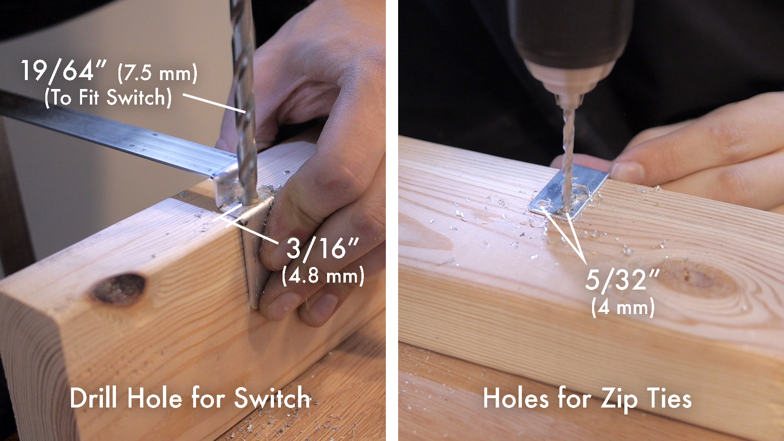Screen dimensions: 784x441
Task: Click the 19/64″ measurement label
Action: pyautogui.click(x=64, y=71)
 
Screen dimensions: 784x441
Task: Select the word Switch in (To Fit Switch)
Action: pyautogui.click(x=139, y=98)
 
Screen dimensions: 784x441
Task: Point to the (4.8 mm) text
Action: pyautogui.click(x=323, y=276)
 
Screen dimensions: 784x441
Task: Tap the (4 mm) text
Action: pyautogui.click(x=623, y=307)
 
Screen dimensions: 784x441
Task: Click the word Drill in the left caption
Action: pyautogui.click(x=93, y=398)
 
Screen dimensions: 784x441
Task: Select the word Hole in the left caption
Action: pyautogui.click(x=154, y=398)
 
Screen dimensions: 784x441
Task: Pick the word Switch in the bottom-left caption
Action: pyautogui.click(x=272, y=398)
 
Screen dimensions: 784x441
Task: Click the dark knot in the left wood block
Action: pyautogui.click(x=118, y=289)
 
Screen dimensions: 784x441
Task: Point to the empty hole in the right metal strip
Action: pyautogui.click(x=543, y=203)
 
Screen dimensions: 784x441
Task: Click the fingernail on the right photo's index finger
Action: pyautogui.click(x=627, y=172)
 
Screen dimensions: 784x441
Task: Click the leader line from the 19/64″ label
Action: pyautogui.click(x=214, y=103)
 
